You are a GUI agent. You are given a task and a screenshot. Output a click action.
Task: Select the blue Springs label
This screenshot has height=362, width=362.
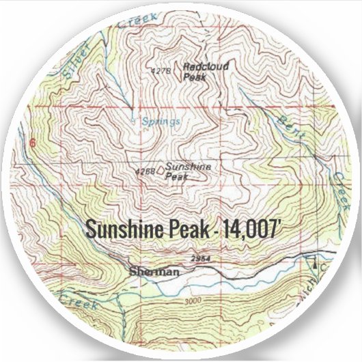(x=161, y=122)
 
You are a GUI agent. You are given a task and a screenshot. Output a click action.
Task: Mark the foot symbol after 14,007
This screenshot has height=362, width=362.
(x=278, y=223)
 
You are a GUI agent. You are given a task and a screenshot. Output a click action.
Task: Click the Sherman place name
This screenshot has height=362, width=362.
(x=154, y=271)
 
